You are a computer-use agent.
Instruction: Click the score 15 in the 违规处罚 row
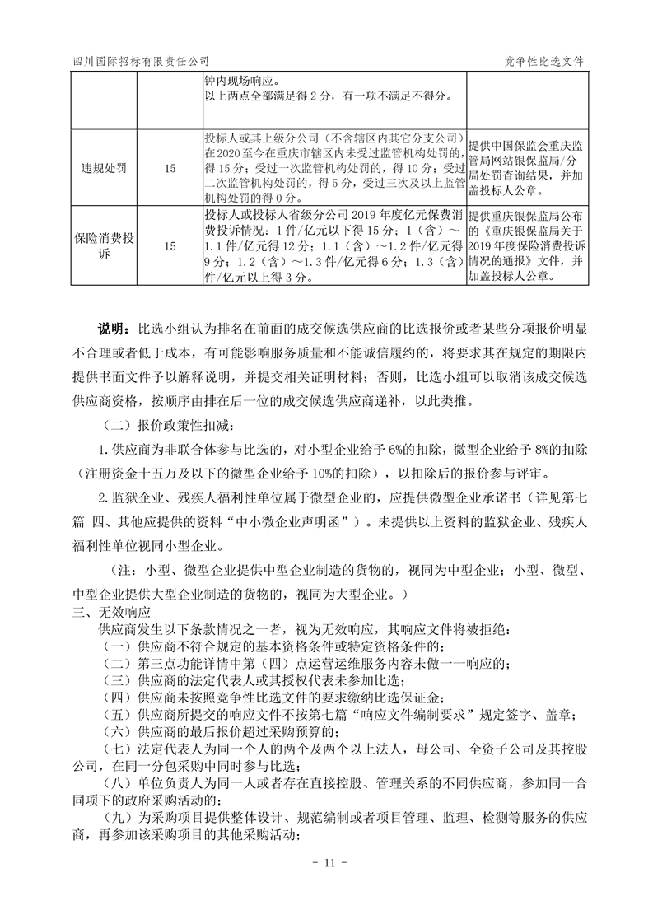(x=170, y=168)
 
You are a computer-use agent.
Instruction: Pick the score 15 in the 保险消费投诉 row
(x=170, y=246)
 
